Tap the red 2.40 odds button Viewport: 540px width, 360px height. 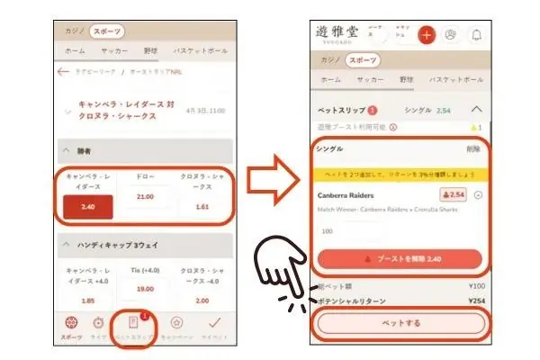(x=88, y=206)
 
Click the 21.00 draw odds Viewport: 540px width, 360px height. (x=144, y=196)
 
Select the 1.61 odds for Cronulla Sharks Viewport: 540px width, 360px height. (x=202, y=206)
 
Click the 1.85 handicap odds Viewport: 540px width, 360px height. (x=88, y=300)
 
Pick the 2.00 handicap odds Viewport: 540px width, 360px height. (x=202, y=300)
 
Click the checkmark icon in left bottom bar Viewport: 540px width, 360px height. (x=213, y=323)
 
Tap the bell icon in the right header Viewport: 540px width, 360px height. (x=475, y=35)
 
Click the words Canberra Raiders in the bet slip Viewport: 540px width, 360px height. (x=346, y=194)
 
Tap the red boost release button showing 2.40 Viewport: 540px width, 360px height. (x=400, y=257)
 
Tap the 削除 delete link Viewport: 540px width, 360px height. (x=472, y=148)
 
